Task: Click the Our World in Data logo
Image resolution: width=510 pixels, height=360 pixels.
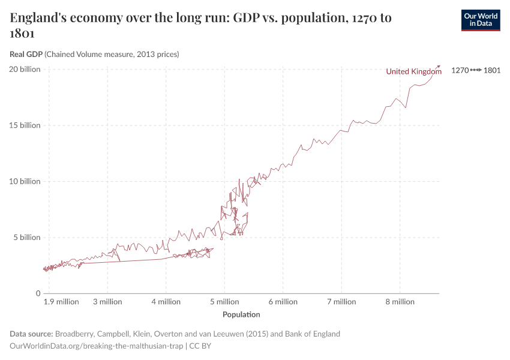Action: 480,20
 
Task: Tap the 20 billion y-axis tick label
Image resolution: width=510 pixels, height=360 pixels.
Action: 25,69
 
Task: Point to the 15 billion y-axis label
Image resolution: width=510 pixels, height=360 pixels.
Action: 25,125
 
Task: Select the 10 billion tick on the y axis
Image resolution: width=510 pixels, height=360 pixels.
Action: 25,181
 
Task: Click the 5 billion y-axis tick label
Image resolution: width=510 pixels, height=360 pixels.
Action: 26,237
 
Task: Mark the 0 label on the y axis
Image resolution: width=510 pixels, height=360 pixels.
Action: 38,293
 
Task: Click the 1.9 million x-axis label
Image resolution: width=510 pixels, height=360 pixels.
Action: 62,302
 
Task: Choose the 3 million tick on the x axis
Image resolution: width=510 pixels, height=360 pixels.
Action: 107,302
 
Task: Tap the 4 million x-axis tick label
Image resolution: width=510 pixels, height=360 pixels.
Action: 166,302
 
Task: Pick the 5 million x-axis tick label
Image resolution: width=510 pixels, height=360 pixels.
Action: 224,302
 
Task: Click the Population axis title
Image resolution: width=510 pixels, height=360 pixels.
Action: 241,314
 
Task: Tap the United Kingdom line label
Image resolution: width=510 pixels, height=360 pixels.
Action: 413,71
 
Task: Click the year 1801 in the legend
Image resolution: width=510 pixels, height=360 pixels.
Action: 492,70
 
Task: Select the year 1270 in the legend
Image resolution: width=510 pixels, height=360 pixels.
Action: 460,70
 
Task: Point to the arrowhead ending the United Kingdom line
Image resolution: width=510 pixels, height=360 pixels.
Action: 439,66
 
